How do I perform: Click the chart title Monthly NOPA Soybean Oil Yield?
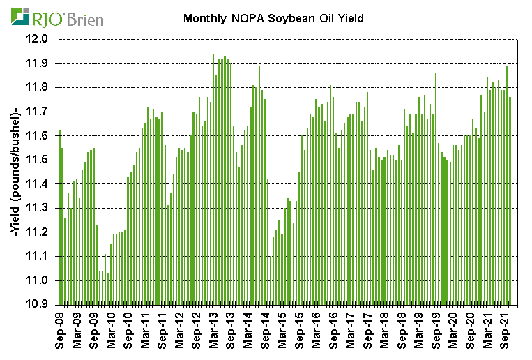point(273,19)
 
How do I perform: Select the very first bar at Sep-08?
point(60,216)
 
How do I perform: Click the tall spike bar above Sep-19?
point(436,188)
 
